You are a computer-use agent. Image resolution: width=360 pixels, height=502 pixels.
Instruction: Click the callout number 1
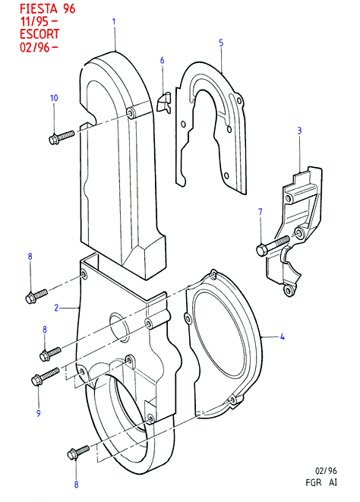click(x=114, y=22)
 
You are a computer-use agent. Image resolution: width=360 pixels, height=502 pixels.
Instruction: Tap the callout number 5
click(x=221, y=43)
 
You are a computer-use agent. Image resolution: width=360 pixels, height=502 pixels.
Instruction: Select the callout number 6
click(x=162, y=61)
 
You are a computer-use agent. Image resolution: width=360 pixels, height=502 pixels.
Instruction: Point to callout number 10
click(x=54, y=98)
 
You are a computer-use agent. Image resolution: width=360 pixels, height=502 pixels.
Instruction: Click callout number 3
click(x=299, y=131)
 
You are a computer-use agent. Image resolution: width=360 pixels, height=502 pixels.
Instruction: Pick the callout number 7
click(x=260, y=212)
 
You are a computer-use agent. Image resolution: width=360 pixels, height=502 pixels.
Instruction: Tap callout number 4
click(x=283, y=336)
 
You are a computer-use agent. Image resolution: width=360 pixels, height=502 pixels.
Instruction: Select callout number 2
click(x=56, y=308)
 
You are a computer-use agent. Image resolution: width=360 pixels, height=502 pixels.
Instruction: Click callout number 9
click(x=39, y=413)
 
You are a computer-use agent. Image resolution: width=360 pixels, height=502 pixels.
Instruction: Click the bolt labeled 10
click(x=62, y=137)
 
